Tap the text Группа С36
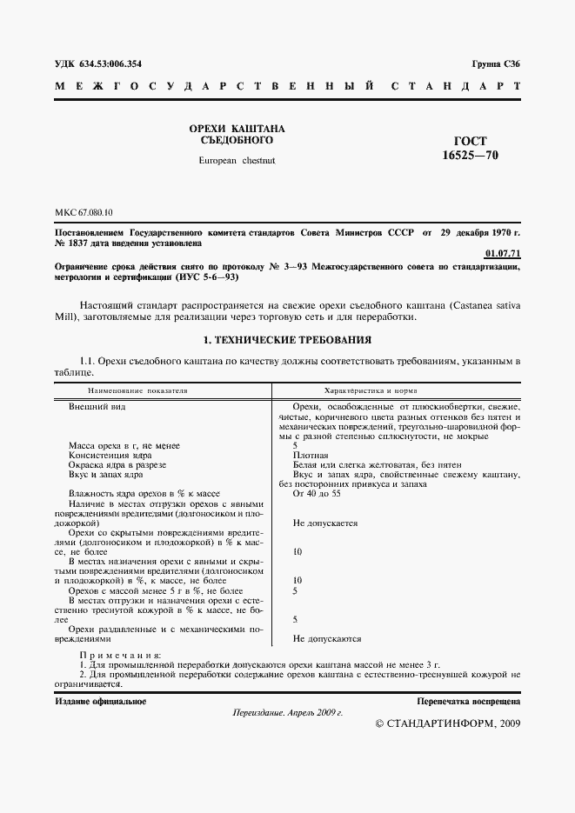pyautogui.click(x=496, y=64)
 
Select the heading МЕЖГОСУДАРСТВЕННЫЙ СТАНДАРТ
pyautogui.click(x=287, y=87)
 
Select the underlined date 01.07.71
pyautogui.click(x=502, y=253)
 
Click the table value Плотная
pyautogui.click(x=311, y=455)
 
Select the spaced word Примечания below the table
pyautogui.click(x=120, y=654)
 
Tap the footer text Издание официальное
pyautogui.click(x=100, y=701)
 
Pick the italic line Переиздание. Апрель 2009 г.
pyautogui.click(x=288, y=712)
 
